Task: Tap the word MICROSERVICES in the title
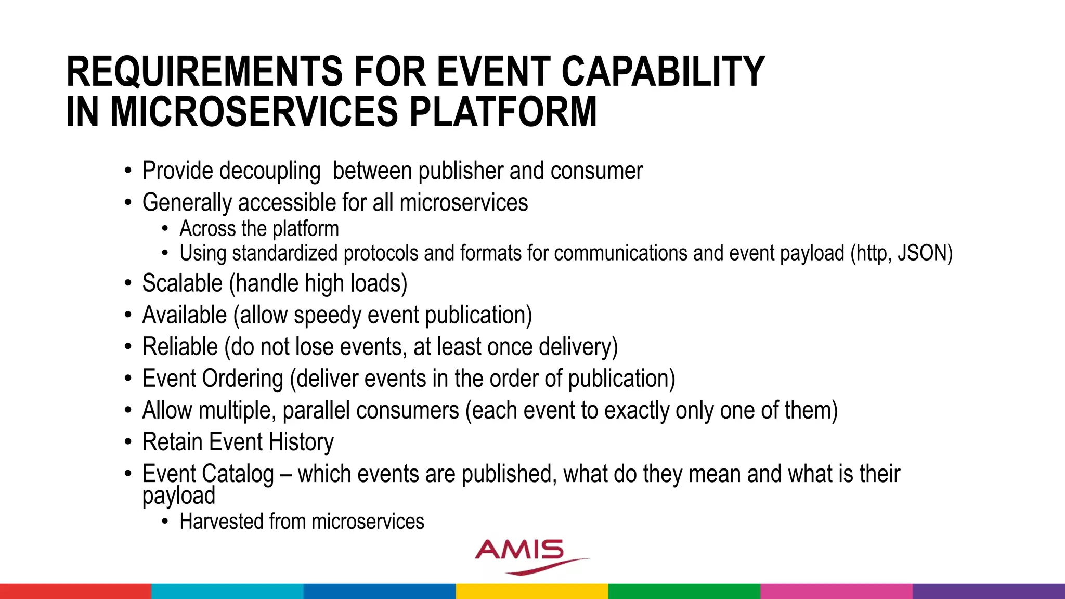[x=254, y=112]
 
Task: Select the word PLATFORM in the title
[x=503, y=112]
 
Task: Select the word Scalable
[x=183, y=284]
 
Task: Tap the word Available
[x=185, y=316]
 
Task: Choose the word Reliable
[x=180, y=347]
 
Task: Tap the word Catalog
[x=238, y=474]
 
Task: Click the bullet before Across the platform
[x=165, y=229]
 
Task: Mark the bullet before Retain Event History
[x=128, y=442]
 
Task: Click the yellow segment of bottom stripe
[x=532, y=591]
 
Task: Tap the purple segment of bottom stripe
[x=989, y=591]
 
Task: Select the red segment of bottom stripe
[x=75, y=591]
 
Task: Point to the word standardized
[x=284, y=253]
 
